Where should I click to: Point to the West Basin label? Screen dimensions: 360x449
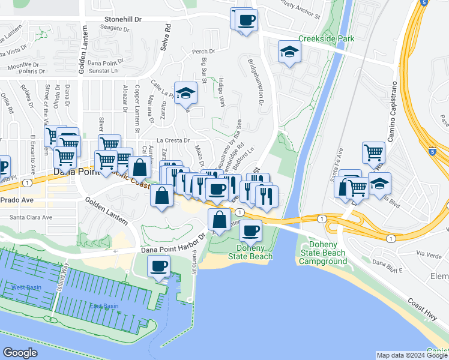click(x=26, y=287)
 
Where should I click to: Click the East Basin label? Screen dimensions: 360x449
click(x=103, y=305)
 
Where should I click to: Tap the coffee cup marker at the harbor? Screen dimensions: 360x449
click(x=159, y=265)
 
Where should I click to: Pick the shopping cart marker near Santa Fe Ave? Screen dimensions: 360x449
click(x=374, y=152)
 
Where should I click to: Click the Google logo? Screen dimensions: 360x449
click(x=20, y=353)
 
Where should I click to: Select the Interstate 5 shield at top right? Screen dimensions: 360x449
click(x=424, y=3)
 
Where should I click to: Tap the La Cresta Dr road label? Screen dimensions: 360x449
click(x=175, y=139)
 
